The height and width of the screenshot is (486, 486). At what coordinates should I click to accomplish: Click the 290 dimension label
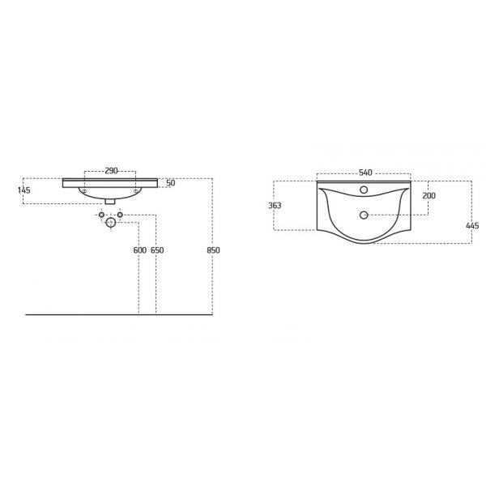pyautogui.click(x=111, y=170)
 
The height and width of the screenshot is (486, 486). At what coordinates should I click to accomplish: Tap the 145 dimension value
pyautogui.click(x=23, y=190)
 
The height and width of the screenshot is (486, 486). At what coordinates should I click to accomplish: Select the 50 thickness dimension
pyautogui.click(x=170, y=183)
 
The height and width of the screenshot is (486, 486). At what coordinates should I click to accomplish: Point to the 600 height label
pyautogui.click(x=140, y=250)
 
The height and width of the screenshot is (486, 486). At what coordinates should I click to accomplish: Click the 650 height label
pyautogui.click(x=157, y=250)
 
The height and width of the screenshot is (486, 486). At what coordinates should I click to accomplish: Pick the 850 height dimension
pyautogui.click(x=213, y=250)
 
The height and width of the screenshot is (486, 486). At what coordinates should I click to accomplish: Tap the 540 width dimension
pyautogui.click(x=365, y=173)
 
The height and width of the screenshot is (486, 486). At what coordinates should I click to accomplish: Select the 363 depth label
pyautogui.click(x=275, y=205)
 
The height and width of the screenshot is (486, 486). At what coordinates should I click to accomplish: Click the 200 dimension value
pyautogui.click(x=429, y=195)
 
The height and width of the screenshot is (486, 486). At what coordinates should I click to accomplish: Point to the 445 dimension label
pyautogui.click(x=472, y=226)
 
